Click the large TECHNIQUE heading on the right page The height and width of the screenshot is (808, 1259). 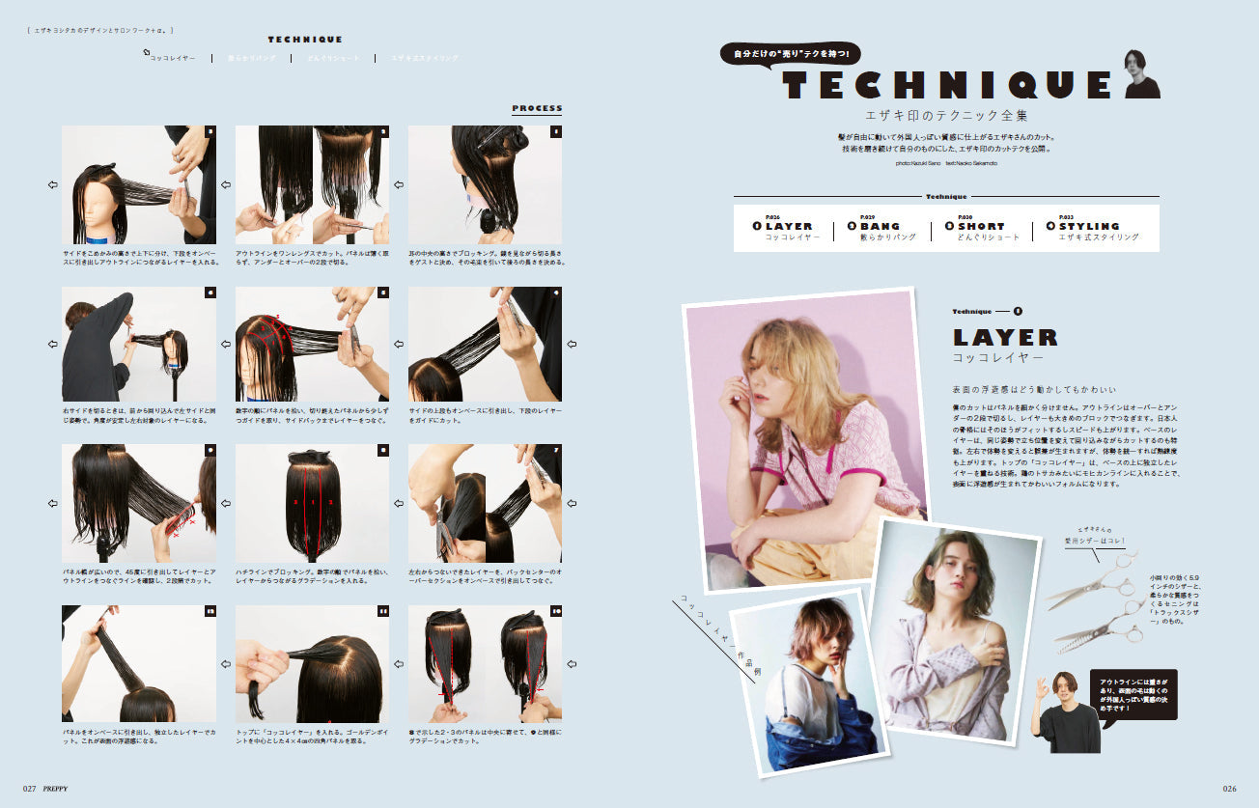tap(947, 85)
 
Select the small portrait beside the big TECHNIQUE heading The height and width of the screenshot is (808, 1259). tap(1142, 74)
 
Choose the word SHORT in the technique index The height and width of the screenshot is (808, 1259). tap(985, 226)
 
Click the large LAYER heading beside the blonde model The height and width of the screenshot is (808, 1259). tap(1005, 338)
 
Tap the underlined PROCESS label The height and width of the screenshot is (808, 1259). tap(537, 108)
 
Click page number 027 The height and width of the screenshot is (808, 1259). tap(30, 788)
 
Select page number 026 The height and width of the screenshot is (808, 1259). tap(1229, 788)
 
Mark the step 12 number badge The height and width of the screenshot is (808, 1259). tap(210, 611)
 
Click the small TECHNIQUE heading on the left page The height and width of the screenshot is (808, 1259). tap(305, 40)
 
